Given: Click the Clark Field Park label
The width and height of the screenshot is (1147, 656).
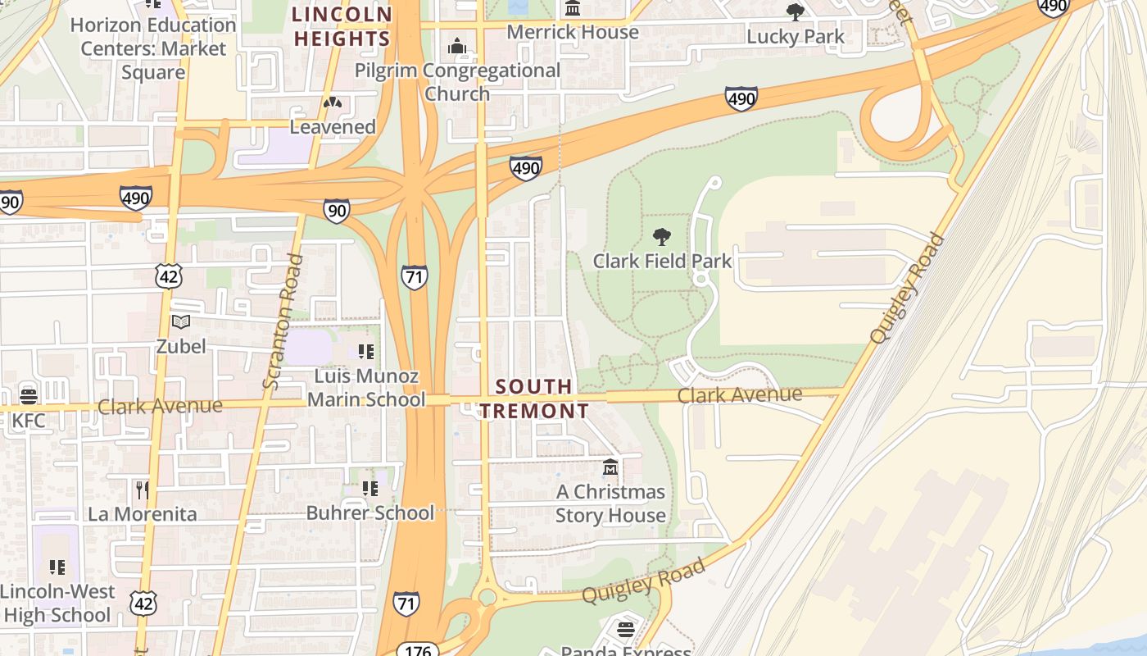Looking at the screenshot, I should click(662, 261).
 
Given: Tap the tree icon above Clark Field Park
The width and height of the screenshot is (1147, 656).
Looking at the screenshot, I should click(662, 238).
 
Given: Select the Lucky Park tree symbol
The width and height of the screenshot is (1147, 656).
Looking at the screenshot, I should click(795, 12).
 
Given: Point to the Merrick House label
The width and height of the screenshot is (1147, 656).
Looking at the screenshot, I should click(573, 32).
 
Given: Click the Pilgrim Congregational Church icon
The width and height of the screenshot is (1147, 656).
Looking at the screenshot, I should click(457, 47).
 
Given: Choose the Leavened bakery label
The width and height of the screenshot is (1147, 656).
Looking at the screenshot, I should click(333, 127).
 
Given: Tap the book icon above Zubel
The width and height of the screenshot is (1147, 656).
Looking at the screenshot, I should click(181, 322).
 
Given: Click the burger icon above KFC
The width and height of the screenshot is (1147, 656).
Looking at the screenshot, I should click(29, 397).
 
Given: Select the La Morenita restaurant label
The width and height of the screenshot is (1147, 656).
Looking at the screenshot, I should click(143, 514).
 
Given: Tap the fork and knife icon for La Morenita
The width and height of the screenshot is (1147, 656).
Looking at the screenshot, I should click(143, 490).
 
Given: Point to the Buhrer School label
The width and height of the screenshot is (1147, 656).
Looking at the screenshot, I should click(369, 512).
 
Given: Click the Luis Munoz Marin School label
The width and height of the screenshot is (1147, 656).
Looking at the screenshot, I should click(366, 388).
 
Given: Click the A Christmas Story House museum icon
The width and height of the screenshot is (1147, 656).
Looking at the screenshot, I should click(610, 468).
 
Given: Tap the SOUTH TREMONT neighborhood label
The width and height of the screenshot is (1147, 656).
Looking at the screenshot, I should click(534, 399).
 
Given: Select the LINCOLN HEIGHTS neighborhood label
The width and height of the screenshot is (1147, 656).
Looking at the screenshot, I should click(342, 26).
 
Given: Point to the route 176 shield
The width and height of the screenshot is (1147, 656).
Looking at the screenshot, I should click(419, 649).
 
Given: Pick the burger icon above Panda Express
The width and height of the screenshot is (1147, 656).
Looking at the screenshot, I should click(626, 630).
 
